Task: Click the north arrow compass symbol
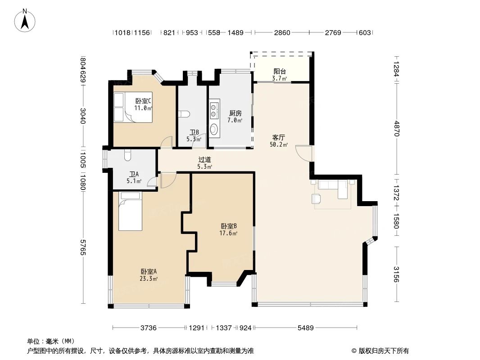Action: pos(25,20)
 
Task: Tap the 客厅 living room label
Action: pos(278,137)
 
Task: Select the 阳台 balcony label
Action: pos(280,72)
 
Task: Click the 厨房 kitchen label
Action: pos(235,113)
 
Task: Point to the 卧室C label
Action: pos(143,101)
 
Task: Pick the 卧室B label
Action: pos(229,226)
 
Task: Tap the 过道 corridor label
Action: pos(204,160)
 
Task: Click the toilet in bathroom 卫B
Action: pos(184,114)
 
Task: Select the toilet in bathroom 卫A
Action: pos(127,155)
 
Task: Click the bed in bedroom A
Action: pos(131,211)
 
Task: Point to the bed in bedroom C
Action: pos(133,108)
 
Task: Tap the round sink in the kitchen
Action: pos(214,129)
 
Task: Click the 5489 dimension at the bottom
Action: pos(305,328)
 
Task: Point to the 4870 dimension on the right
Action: pos(397,128)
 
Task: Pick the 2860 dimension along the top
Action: pos(282,32)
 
